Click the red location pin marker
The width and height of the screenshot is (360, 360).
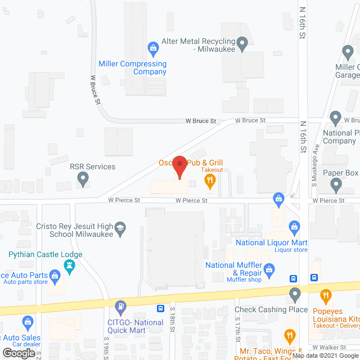point(179,167)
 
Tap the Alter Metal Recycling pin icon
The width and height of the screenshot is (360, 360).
point(242,43)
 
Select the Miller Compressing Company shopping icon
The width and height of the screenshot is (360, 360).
point(152,47)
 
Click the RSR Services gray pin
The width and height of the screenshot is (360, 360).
point(83,179)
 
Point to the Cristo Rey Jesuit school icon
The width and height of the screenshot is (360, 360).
point(120,228)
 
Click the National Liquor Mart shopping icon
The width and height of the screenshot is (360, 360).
point(294,227)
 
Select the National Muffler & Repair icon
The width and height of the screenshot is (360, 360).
point(269,269)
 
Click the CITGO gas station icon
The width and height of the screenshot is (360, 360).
point(120,307)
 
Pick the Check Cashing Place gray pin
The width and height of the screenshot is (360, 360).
point(295,294)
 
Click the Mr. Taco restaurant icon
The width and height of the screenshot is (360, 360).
point(290,337)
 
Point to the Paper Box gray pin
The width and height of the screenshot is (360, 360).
point(336,184)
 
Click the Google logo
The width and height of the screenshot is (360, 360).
point(18,353)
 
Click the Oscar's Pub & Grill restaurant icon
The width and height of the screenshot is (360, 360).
point(210,181)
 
